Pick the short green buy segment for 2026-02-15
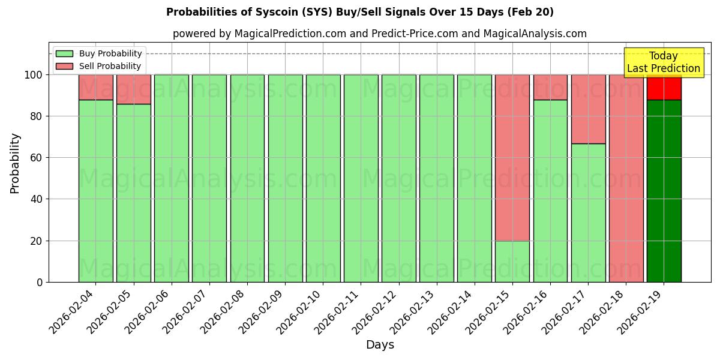click(512, 261)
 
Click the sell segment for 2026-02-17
click(588, 109)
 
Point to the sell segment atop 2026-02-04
click(96, 87)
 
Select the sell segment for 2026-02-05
click(134, 89)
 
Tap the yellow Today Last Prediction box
click(664, 62)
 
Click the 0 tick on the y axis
click(40, 282)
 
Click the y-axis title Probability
click(15, 163)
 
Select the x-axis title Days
click(380, 345)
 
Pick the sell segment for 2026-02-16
click(550, 87)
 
